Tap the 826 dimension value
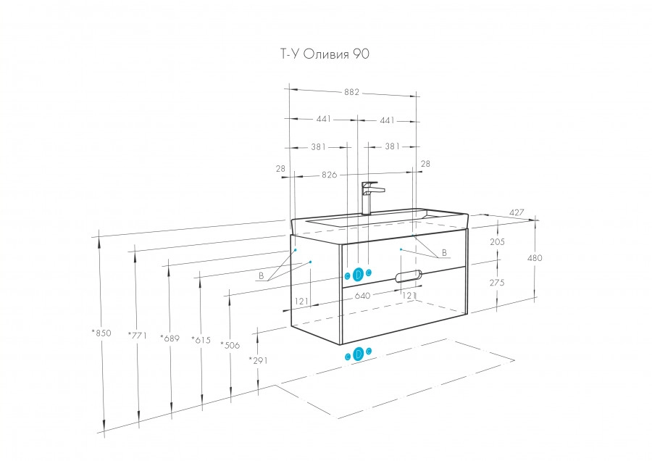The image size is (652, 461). point(330,175)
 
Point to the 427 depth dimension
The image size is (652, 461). point(517,212)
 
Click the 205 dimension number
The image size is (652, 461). point(496,242)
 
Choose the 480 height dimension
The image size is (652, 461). point(535,258)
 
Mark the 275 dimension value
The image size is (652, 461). point(496,283)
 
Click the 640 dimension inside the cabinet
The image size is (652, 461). point(362,296)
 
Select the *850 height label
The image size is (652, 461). point(101,333)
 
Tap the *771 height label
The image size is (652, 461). point(137,335)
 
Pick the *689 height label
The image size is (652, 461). point(170,339)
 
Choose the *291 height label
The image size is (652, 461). point(258,360)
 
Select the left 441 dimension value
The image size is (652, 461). point(324,120)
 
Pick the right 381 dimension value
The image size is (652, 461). point(392,146)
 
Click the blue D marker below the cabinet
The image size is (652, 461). point(358,354)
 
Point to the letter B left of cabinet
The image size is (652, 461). point(261,276)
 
